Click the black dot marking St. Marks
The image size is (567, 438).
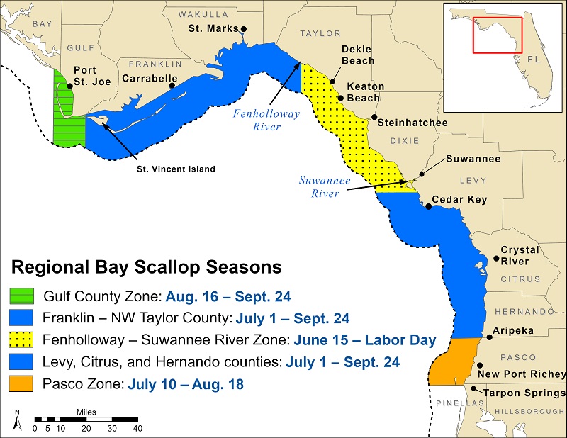click(243, 30)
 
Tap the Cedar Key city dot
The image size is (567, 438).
click(428, 206)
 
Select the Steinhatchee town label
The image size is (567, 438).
click(412, 123)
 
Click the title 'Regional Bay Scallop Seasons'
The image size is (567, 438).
click(145, 268)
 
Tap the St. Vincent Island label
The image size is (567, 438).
click(176, 169)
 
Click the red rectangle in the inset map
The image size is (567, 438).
click(498, 33)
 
